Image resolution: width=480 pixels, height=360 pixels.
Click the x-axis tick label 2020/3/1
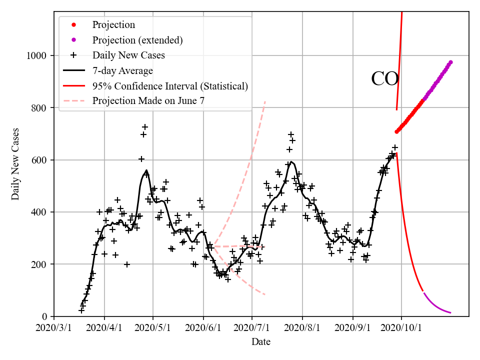pyautogui.click(x=54, y=328)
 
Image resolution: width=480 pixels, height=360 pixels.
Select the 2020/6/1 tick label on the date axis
pyautogui.click(x=203, y=328)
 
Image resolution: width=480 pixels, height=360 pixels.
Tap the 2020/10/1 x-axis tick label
pyautogui.click(x=401, y=328)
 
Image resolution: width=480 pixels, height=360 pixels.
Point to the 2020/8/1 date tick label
pyautogui.click(x=302, y=328)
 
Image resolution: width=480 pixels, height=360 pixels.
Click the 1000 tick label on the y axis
pyautogui.click(x=38, y=56)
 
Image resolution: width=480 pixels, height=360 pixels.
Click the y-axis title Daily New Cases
pyautogui.click(x=15, y=164)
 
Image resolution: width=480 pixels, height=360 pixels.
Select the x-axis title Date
pyautogui.click(x=261, y=342)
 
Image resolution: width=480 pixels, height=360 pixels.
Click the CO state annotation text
pyautogui.click(x=384, y=79)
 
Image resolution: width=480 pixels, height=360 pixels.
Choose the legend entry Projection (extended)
pyautogui.click(x=137, y=40)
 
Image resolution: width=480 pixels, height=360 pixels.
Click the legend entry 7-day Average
pyautogui.click(x=122, y=70)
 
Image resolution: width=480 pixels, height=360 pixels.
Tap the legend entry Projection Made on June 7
pyautogui.click(x=148, y=101)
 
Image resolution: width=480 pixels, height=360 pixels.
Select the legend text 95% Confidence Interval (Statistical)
pyautogui.click(x=170, y=86)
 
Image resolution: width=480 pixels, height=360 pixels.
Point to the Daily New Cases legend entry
pyautogui.click(x=128, y=55)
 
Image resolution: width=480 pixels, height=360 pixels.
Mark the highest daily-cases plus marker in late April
pyautogui.click(x=145, y=127)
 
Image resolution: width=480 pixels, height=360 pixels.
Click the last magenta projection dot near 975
pyautogui.click(x=450, y=62)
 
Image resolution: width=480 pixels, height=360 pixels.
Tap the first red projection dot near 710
pyautogui.click(x=396, y=131)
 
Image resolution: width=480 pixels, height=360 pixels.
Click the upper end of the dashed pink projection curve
pyautogui.click(x=265, y=101)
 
